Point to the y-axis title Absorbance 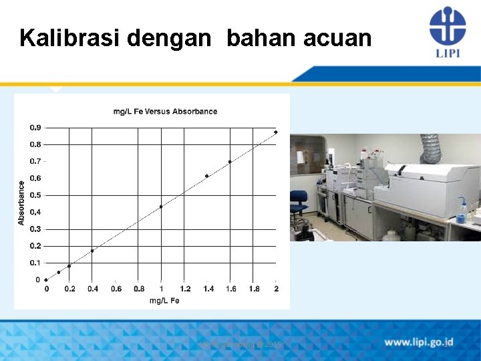[x=21, y=203]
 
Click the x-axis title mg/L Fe [x=164, y=301]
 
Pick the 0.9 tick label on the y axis [x=35, y=127]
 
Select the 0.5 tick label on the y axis [x=35, y=195]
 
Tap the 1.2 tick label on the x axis [x=185, y=289]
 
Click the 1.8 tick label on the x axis [x=254, y=289]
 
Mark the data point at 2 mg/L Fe [x=275, y=132]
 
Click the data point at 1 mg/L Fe [x=161, y=207]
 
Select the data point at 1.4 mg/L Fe [x=207, y=176]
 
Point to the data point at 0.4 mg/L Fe [x=92, y=251]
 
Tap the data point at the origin [x=46, y=279]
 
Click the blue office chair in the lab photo [x=298, y=204]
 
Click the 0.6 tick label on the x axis [x=116, y=289]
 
